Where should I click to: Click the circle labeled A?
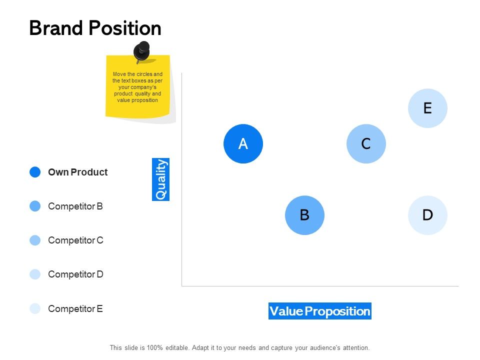243,144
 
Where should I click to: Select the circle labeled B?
304,215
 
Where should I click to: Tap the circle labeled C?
366,144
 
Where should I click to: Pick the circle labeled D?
427,215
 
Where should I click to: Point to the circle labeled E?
427,108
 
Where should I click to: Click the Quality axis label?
161,179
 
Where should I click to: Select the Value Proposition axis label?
320,311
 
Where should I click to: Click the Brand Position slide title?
95,28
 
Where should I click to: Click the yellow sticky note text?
137,87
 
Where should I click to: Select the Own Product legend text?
77,172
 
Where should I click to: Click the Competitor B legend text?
75,206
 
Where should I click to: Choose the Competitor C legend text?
75,240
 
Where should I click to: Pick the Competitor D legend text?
75,274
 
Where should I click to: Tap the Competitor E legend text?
75,308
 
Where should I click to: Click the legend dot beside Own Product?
35,172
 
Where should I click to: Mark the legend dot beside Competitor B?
35,206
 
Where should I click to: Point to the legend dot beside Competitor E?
35,308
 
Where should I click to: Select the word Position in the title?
127,28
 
